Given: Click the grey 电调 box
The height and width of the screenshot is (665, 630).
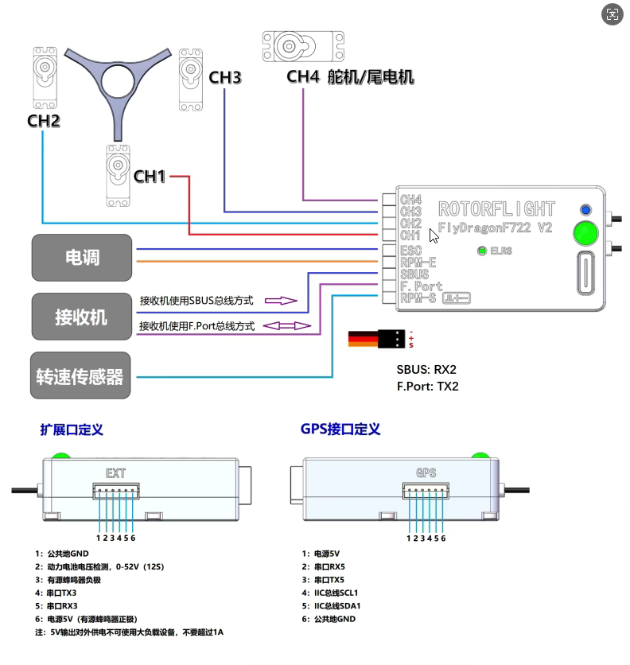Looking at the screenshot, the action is (x=82, y=258).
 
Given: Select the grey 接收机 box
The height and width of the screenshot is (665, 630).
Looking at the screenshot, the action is (x=82, y=317).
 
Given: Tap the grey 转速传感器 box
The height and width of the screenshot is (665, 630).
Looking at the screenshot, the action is (x=80, y=375).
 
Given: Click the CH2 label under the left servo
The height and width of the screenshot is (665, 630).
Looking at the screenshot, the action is (x=44, y=121).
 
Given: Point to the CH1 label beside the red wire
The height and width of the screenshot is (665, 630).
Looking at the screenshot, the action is (x=149, y=177).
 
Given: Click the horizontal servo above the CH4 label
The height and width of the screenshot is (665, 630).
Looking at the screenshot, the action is (x=303, y=46).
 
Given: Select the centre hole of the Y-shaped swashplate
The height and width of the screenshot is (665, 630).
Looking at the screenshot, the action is (x=118, y=81).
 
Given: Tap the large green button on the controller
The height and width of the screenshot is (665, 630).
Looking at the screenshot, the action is (x=585, y=233).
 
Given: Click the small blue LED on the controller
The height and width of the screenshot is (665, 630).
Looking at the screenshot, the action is (x=586, y=210).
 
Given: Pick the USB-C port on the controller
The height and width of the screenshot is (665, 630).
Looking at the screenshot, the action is (x=586, y=273).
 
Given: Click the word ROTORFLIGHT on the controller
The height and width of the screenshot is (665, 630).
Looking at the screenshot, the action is (x=496, y=208).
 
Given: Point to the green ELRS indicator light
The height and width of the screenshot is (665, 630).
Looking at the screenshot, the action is (x=481, y=251).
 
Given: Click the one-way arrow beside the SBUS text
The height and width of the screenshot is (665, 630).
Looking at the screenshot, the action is (x=281, y=301).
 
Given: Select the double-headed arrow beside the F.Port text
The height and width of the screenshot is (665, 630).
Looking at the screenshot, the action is (x=287, y=325).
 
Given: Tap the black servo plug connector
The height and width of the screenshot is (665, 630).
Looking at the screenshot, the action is (x=391, y=339).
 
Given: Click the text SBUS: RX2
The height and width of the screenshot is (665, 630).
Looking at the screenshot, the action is (x=426, y=369).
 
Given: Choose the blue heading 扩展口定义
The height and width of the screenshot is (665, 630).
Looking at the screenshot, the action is (x=72, y=430).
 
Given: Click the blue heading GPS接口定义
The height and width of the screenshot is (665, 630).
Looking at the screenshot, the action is (x=340, y=430).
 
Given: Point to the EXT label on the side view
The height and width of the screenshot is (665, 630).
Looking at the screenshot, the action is (x=116, y=473).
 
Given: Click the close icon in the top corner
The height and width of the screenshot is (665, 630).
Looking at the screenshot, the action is (x=612, y=14).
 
